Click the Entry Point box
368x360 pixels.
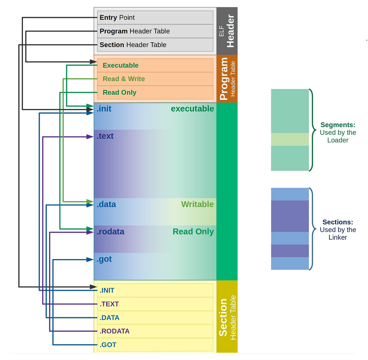point(155,17)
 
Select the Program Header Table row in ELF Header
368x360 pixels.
point(155,31)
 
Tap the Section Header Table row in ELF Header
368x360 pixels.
point(155,45)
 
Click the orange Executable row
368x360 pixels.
point(155,66)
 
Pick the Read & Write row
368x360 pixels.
point(155,79)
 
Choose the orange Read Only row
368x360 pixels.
point(155,93)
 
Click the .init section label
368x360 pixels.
point(104,109)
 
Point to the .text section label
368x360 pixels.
point(105,136)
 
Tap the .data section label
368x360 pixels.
point(106,204)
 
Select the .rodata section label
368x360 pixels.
point(110,232)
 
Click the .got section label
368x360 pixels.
point(104,259)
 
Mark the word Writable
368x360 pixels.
point(197,204)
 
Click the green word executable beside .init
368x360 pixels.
point(192,109)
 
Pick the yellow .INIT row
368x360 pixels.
point(155,290)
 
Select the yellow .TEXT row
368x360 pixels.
point(155,304)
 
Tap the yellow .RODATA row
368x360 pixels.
point(155,331)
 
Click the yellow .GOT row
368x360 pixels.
point(155,345)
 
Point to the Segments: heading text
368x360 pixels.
point(338,125)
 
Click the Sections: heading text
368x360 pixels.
point(338,222)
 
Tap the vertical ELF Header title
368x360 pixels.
point(227,31)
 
